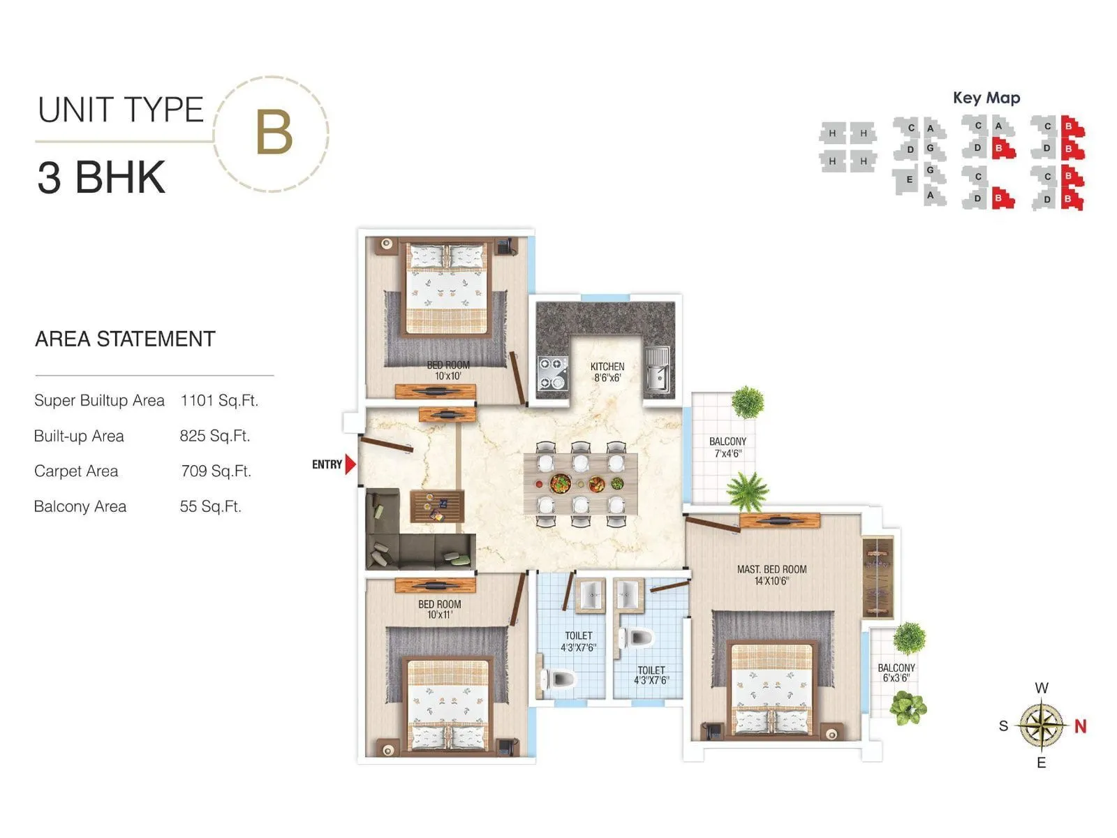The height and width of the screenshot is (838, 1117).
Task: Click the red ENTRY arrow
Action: coord(350,464)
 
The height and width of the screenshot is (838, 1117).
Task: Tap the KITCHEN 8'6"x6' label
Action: coord(607,372)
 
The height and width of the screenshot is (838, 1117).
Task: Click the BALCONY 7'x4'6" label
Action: coord(727,447)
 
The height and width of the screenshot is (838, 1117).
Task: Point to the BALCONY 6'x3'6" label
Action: coord(896,672)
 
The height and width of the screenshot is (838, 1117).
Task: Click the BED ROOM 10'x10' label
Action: coord(448,370)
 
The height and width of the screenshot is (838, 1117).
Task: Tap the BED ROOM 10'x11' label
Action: coord(440,609)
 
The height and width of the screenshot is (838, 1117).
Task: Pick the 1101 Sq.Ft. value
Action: coord(219,401)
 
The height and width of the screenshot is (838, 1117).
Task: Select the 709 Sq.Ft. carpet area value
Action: coord(216,471)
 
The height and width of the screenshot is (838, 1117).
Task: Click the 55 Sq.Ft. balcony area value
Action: coord(210,506)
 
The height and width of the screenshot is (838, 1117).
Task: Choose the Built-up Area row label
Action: coord(79,436)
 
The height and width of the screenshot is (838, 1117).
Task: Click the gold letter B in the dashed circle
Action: coord(273,133)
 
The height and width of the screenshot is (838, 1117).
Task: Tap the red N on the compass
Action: coord(1080,726)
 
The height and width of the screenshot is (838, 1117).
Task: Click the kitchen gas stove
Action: coord(552,373)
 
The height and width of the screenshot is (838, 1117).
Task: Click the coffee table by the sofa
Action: coord(437,506)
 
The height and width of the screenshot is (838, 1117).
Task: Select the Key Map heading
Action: coord(986,98)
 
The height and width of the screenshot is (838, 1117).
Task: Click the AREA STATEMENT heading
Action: coord(125,339)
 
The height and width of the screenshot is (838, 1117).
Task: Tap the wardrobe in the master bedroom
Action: coord(878,577)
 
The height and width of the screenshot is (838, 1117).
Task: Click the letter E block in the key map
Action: coord(909,179)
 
